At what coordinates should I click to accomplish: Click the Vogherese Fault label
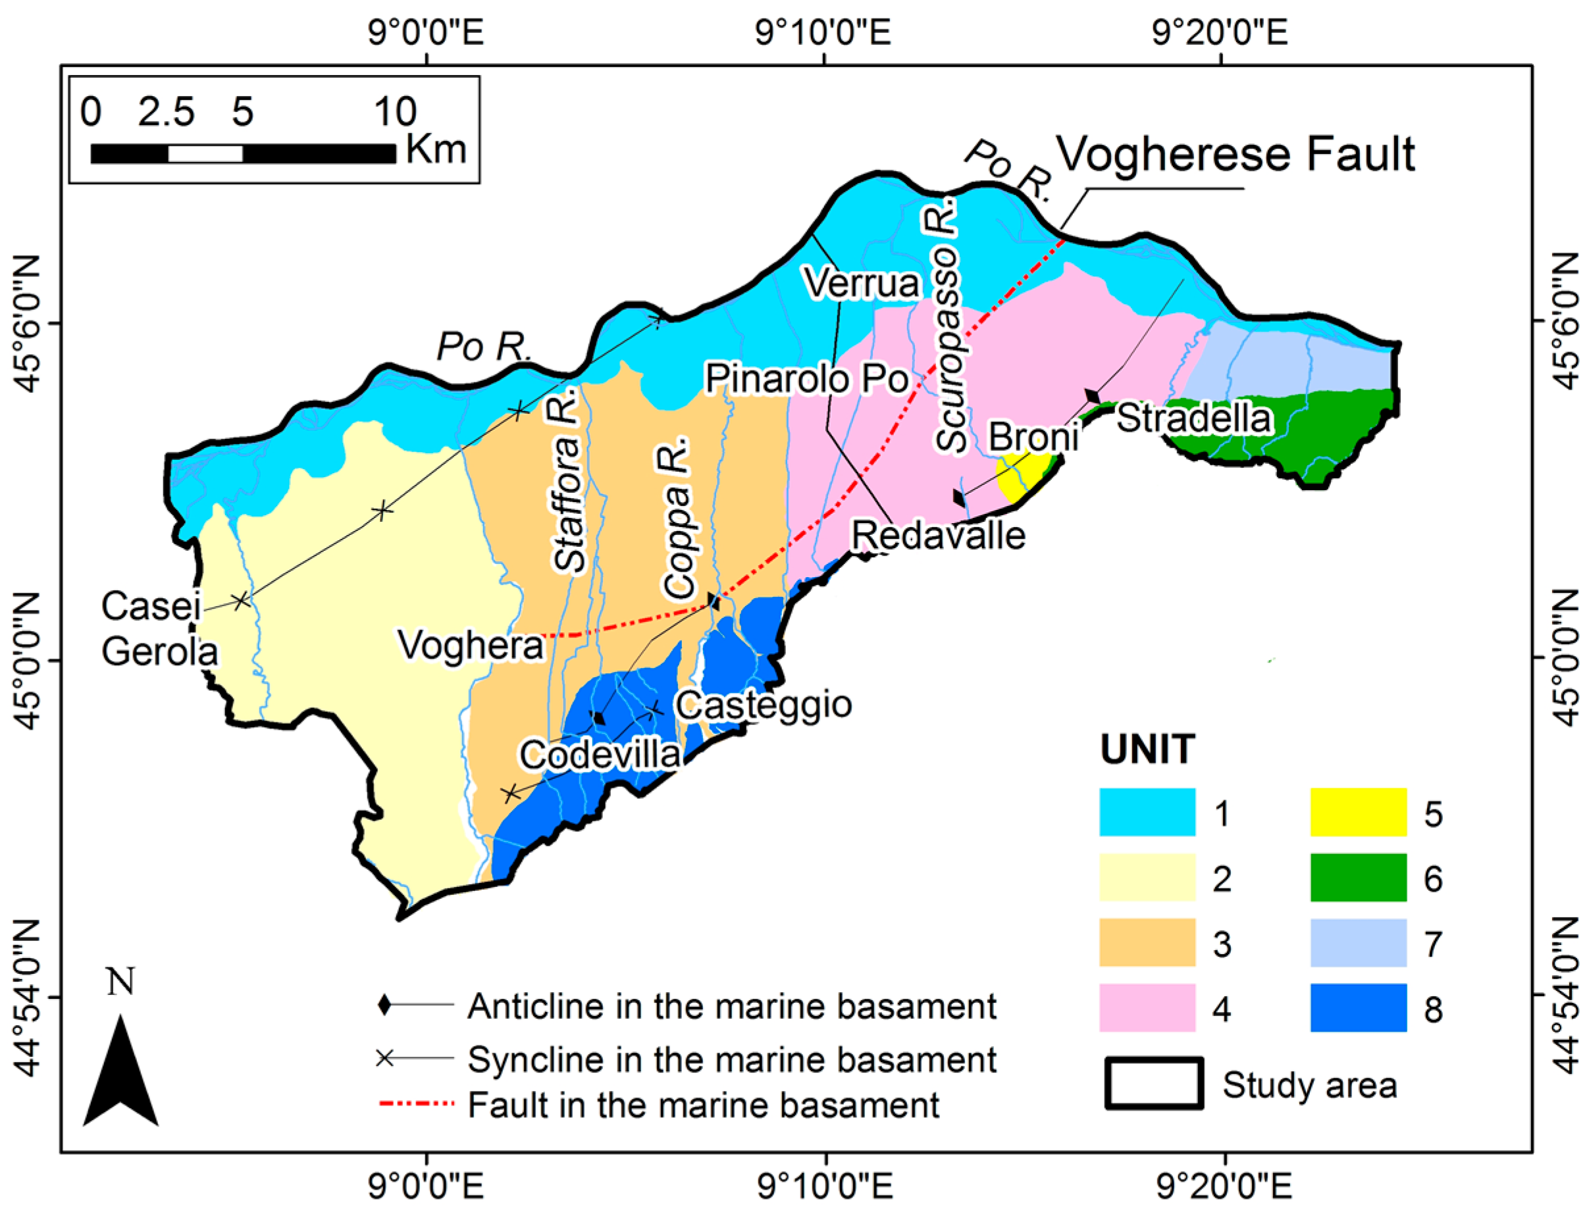[x=1235, y=155]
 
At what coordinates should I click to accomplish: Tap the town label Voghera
[x=470, y=645]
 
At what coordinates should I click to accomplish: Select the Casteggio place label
[x=763, y=705]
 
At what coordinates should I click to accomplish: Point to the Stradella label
[x=1194, y=418]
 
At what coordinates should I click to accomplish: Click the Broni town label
[x=1033, y=437]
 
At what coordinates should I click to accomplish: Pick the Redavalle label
[x=938, y=536]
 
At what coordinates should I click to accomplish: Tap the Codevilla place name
[x=600, y=755]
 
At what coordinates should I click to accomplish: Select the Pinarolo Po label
[x=806, y=378]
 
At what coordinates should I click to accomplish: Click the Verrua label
[x=862, y=283]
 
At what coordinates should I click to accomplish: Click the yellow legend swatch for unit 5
[x=1357, y=812]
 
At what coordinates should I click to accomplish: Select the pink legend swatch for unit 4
[x=1146, y=1007]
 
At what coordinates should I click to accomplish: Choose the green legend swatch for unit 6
[x=1357, y=877]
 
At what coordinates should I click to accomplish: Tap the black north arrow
[x=120, y=1071]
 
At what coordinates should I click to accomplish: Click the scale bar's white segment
[x=205, y=153]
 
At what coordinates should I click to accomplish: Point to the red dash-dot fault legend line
[x=416, y=1105]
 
